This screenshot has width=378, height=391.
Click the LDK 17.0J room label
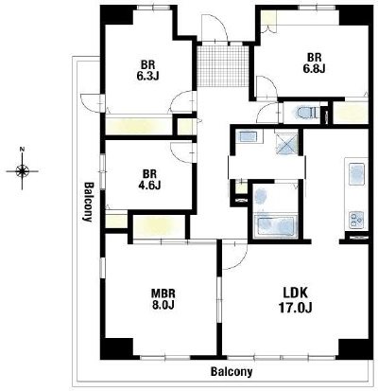(x=295, y=300)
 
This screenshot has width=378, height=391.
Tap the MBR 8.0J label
(x=163, y=299)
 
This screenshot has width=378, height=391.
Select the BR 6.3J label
(x=147, y=70)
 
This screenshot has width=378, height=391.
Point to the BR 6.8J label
(x=314, y=63)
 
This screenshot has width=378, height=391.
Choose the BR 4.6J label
(x=149, y=179)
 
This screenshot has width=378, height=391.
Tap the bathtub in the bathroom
(x=276, y=225)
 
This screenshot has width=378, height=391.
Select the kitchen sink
(x=356, y=173)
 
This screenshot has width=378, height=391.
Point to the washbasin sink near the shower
(x=248, y=137)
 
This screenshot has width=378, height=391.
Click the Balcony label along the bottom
(x=232, y=372)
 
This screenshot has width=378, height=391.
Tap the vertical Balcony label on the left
(x=88, y=202)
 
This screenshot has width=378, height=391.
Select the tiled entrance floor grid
(x=223, y=66)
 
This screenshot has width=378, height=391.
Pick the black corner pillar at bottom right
(x=352, y=348)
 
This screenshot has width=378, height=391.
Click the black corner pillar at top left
(x=117, y=15)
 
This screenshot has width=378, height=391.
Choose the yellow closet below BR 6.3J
(x=139, y=126)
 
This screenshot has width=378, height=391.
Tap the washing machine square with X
(x=285, y=144)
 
